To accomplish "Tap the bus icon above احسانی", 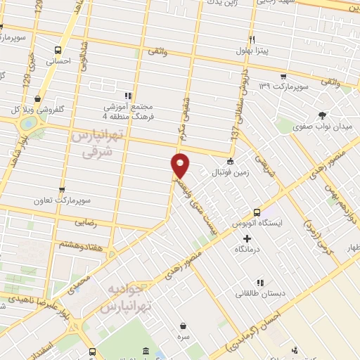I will (58, 50).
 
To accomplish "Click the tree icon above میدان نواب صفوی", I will (323, 115).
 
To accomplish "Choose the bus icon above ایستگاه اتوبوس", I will (256, 212).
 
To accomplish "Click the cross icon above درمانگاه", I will (246, 238).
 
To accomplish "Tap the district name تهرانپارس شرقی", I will (97, 143).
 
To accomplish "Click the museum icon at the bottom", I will (146, 351).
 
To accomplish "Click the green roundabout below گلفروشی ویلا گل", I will (28, 124).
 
